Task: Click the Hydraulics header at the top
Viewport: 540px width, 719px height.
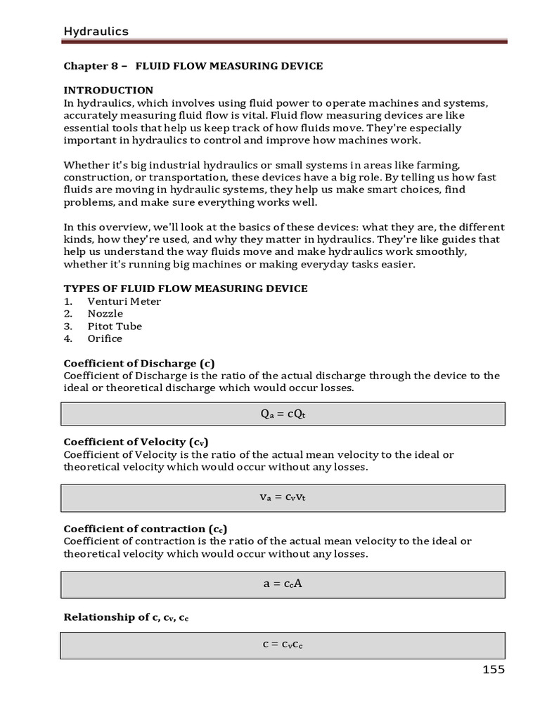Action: click(96, 31)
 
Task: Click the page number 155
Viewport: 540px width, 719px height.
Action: click(494, 669)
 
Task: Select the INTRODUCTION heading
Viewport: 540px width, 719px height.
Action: click(108, 91)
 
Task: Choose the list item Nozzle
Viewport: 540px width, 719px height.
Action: click(105, 314)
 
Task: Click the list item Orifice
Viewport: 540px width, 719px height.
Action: click(105, 338)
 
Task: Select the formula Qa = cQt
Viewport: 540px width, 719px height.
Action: click(283, 414)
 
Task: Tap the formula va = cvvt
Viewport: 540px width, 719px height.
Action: click(283, 496)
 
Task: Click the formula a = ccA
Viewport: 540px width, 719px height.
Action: click(283, 583)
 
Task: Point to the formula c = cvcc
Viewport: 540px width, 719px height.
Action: click(283, 645)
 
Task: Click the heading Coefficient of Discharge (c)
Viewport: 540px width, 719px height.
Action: click(139, 364)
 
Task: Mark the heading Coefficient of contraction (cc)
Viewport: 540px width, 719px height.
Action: click(146, 529)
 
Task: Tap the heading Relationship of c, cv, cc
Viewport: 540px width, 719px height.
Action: click(126, 618)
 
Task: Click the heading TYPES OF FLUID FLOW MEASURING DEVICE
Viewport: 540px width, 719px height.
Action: click(186, 289)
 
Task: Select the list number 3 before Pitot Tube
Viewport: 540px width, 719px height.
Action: click(68, 326)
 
